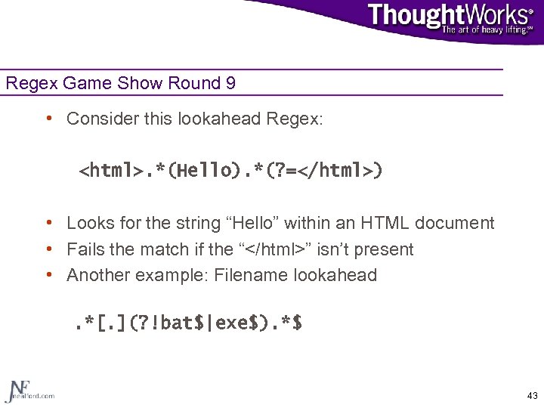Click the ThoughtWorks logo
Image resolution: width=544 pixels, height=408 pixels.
point(450,15)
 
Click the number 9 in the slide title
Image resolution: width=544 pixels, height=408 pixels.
point(230,83)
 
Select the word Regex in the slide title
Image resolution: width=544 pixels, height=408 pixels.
point(26,83)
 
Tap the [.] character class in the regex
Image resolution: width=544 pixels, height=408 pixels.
point(119,323)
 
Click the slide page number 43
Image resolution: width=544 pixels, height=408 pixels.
point(532,396)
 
